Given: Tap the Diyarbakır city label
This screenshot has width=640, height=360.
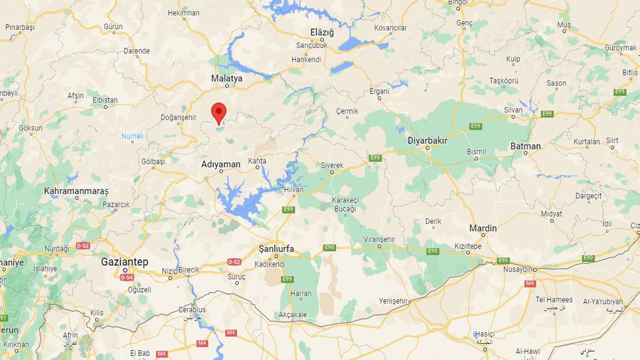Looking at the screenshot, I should pyautogui.click(x=427, y=140).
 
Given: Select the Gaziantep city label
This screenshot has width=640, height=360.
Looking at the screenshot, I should pyautogui.click(x=125, y=262).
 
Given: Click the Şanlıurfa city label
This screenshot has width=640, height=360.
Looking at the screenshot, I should pyautogui.click(x=276, y=249).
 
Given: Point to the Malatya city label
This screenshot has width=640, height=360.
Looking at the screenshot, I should pyautogui.click(x=227, y=78).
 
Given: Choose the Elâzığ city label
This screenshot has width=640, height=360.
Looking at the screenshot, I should pyautogui.click(x=322, y=33).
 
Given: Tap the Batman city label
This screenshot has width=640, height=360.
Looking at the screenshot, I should pyautogui.click(x=525, y=146).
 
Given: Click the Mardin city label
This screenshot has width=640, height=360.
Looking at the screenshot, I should pyautogui.click(x=483, y=228).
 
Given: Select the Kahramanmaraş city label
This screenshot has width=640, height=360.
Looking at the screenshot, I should pyautogui.click(x=76, y=190).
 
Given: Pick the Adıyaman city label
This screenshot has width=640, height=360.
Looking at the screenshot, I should pyautogui.click(x=221, y=164).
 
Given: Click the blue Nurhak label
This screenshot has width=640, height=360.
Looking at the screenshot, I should pyautogui.click(x=132, y=136).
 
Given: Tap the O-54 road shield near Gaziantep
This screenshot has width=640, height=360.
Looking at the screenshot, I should pyautogui.click(x=126, y=277).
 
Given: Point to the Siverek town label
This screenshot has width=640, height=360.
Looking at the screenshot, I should pyautogui.click(x=332, y=165).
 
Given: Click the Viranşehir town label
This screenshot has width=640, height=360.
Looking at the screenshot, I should pyautogui.click(x=379, y=239).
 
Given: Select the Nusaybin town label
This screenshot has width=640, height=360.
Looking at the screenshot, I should pyautogui.click(x=518, y=269).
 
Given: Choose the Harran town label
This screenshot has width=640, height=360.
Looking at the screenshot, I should pyautogui.click(x=301, y=293).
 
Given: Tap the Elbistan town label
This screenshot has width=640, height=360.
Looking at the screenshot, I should pyautogui.click(x=105, y=100).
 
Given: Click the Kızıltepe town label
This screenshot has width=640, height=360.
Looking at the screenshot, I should pyautogui.click(x=468, y=246).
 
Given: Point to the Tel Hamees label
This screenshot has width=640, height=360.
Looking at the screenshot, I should pyautogui.click(x=554, y=300).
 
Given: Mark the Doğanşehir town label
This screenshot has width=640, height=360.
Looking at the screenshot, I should pyautogui.click(x=179, y=117).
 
